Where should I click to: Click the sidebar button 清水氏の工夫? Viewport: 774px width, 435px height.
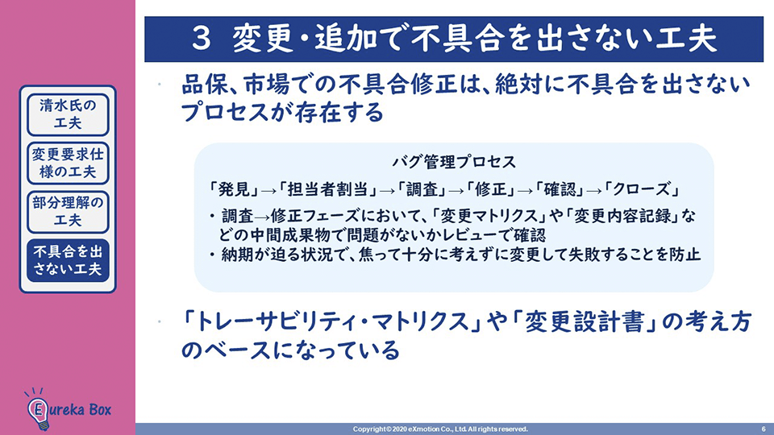(x=68, y=114)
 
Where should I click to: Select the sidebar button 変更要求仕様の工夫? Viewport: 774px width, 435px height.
(x=68, y=164)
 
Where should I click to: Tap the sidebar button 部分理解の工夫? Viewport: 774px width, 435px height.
(x=68, y=212)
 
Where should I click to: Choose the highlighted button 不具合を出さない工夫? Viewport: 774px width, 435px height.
(x=68, y=260)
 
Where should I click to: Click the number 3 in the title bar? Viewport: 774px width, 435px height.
(x=202, y=39)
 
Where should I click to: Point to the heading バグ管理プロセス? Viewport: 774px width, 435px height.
(x=454, y=162)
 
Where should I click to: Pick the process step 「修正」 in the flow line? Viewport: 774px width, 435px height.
(x=491, y=189)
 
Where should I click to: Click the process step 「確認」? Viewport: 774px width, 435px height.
(x=560, y=189)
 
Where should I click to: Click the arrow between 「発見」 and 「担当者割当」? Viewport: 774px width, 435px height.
(x=269, y=191)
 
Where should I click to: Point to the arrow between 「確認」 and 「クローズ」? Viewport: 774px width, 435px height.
(x=595, y=191)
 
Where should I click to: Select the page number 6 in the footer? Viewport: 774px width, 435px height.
(x=764, y=429)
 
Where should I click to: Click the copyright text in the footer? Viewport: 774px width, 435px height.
(x=440, y=429)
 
